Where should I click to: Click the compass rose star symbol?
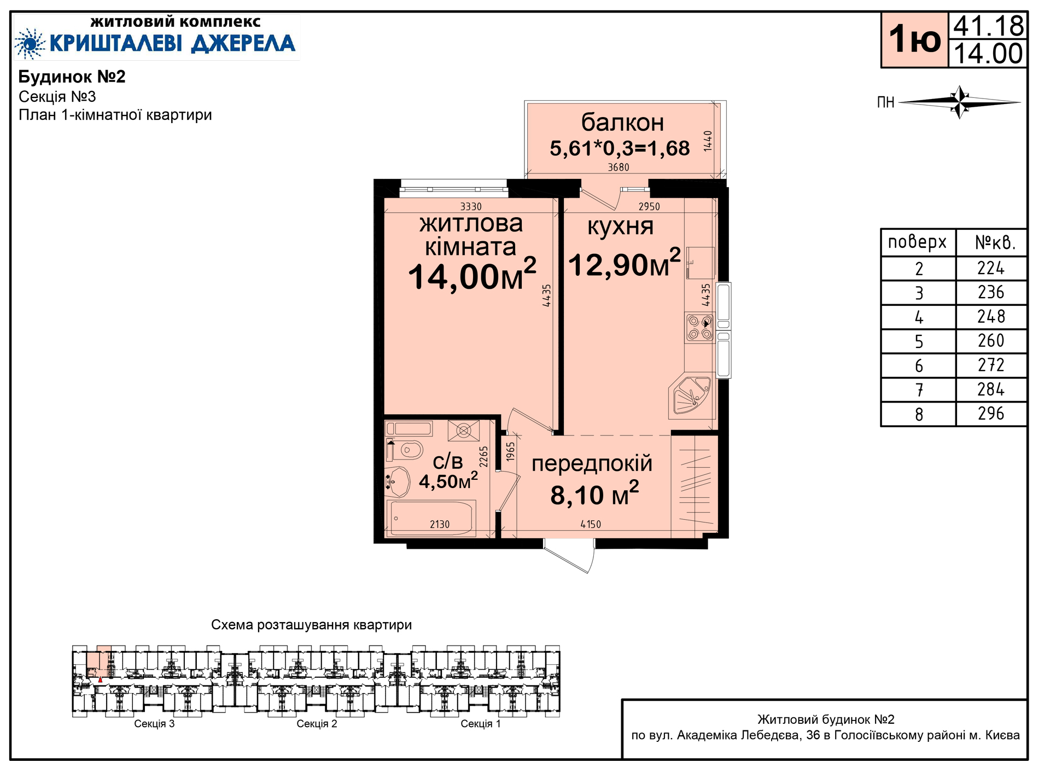960,102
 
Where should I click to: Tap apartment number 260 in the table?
991,341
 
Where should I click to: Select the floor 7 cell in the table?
919,390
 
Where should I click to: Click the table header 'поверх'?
917,242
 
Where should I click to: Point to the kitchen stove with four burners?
699,328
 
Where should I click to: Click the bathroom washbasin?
398,481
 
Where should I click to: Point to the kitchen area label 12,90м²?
625,263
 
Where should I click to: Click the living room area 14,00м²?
472,274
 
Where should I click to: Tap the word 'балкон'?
622,122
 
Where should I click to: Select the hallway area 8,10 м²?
594,493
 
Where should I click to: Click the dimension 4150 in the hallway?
591,524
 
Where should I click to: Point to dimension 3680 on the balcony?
619,167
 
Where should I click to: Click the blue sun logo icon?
30,43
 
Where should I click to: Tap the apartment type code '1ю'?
914,39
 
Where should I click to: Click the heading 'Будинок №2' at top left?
72,77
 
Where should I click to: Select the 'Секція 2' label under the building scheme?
317,724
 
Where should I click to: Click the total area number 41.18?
988,26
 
